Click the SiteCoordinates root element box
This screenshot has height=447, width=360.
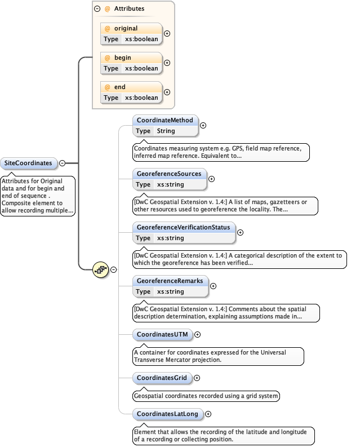[28, 163]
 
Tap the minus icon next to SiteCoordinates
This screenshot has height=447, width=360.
[62, 163]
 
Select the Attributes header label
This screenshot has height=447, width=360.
[129, 9]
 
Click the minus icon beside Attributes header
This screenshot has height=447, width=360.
[97, 9]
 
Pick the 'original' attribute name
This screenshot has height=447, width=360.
[126, 29]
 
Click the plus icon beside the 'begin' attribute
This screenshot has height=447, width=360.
[167, 63]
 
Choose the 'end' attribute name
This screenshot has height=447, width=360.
[119, 87]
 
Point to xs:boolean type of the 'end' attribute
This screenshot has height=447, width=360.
[141, 98]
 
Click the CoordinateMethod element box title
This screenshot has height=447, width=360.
[165, 120]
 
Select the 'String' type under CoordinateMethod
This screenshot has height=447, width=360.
[166, 131]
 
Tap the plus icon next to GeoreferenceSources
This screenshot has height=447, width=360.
[212, 179]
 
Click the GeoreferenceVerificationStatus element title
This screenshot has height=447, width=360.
[183, 227]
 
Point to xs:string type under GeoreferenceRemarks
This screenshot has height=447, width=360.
[170, 291]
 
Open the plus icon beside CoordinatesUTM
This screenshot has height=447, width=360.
[198, 334]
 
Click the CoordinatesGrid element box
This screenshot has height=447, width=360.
[161, 377]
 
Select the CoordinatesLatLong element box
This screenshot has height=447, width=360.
[167, 414]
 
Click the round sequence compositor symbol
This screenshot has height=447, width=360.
[101, 269]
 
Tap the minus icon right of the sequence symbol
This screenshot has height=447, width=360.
[113, 269]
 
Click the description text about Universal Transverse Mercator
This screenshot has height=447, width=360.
[217, 356]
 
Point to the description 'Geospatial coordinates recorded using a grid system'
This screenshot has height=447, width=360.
[206, 396]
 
